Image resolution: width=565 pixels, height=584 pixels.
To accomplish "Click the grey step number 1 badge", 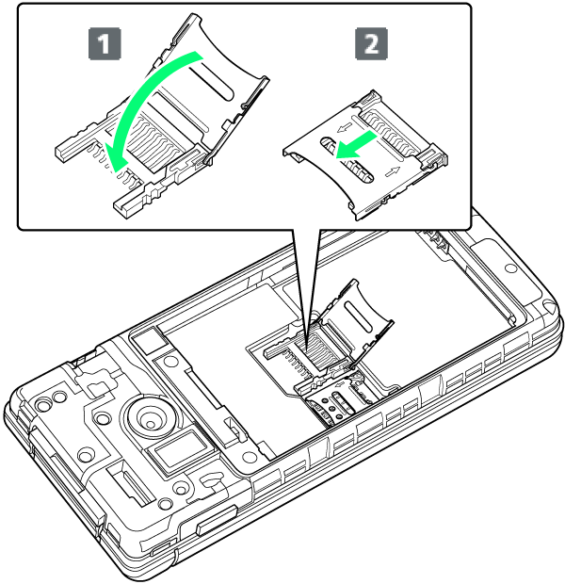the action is click(x=105, y=43).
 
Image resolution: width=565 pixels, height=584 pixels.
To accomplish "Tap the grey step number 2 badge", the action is click(x=371, y=43).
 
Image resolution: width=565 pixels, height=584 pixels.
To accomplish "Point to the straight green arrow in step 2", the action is click(x=357, y=145).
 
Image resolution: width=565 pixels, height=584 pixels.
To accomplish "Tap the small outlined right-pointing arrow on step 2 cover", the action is click(x=393, y=172).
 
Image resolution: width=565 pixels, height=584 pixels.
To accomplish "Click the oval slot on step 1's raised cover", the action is click(x=211, y=83).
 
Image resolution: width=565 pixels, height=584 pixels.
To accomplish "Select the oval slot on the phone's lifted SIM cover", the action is click(x=358, y=316).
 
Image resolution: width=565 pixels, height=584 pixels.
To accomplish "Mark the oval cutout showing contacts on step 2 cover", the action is click(x=347, y=160).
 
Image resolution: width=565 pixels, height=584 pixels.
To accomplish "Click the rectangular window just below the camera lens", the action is click(x=179, y=449).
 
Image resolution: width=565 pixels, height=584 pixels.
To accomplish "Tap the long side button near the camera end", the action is click(x=217, y=521).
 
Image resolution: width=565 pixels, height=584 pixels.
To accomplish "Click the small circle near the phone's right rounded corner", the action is click(x=510, y=268).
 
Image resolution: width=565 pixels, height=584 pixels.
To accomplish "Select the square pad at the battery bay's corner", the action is click(x=148, y=342).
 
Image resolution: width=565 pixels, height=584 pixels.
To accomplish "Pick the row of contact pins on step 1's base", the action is click(x=112, y=164).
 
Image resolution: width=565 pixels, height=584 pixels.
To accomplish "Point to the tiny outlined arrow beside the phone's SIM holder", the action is click(x=340, y=384).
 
